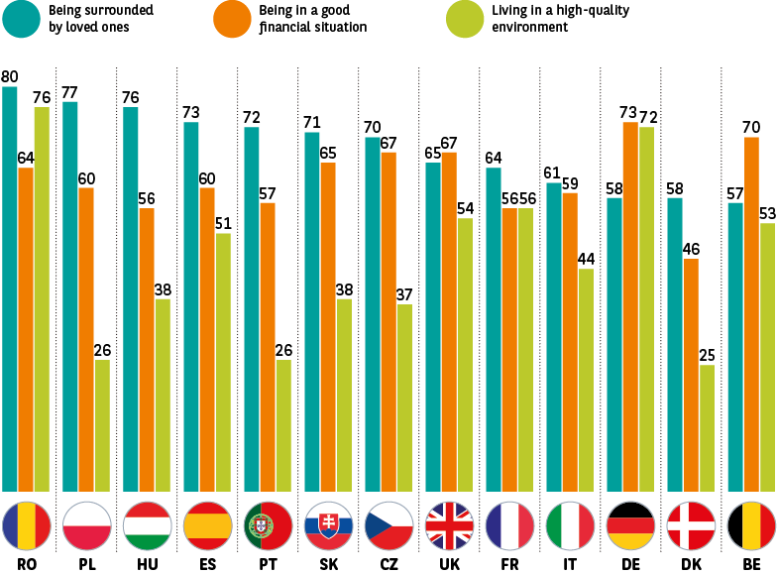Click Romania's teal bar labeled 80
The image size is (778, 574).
coord(10,287)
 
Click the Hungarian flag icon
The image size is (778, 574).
coord(147,526)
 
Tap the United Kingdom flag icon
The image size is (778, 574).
coord(449,526)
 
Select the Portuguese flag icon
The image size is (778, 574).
coord(268,526)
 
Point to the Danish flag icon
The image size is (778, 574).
coord(691,526)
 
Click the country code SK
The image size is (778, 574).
coord(328,564)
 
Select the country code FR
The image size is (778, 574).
coord(509,564)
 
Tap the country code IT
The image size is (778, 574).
coord(570,564)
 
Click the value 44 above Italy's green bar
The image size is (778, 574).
coord(586,259)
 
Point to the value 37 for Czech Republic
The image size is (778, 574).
coord(404,294)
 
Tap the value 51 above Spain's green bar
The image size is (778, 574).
coord(223,223)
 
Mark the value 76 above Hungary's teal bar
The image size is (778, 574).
coord(131,97)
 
